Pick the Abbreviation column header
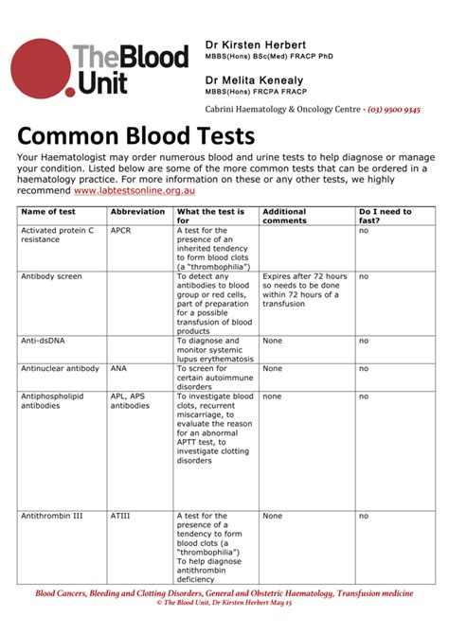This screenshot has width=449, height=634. pyautogui.click(x=136, y=212)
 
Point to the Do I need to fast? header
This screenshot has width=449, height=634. pyautogui.click(x=384, y=216)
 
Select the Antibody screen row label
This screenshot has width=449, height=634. pyautogui.click(x=51, y=276)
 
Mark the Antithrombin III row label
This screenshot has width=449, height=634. pyautogui.click(x=52, y=516)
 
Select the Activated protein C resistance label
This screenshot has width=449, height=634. pyautogui.click(x=58, y=235)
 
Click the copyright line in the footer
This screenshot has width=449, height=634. pyautogui.click(x=224, y=602)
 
